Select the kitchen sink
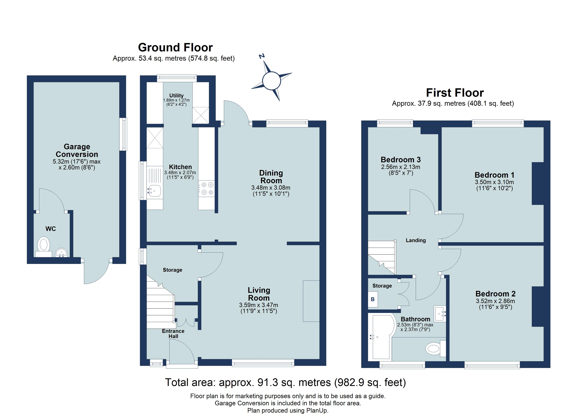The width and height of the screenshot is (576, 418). (x=154, y=191)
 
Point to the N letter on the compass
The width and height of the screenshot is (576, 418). (x=262, y=56)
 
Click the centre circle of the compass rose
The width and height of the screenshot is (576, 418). (x=271, y=81)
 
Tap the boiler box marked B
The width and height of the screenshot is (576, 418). (x=373, y=299)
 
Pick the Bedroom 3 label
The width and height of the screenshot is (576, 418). (x=401, y=160)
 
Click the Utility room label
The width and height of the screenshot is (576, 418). (x=176, y=96)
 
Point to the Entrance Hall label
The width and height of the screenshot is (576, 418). (x=173, y=334)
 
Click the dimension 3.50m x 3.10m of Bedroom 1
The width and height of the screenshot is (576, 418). (x=494, y=182)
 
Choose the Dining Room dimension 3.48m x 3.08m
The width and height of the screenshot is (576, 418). (x=271, y=188)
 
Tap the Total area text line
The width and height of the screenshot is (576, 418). (x=285, y=382)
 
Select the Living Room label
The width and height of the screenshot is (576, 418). (x=259, y=294)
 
